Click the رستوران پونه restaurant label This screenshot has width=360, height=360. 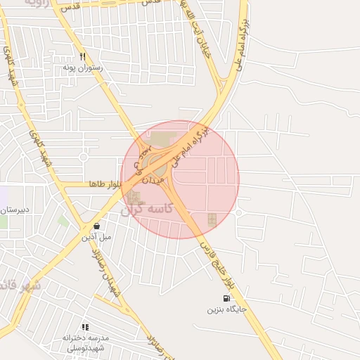[83, 67]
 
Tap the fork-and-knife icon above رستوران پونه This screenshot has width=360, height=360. [82, 56]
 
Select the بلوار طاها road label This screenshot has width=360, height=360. [106, 184]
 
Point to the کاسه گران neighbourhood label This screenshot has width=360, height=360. [146, 210]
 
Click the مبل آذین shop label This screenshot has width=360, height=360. [96, 237]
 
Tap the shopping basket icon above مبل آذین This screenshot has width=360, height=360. [96, 226]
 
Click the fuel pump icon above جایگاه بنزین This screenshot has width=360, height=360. [226, 297]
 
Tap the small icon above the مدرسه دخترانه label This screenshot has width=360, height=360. [85, 327]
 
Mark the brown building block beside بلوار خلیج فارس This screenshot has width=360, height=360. [212, 220]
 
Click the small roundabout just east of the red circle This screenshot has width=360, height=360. [239, 212]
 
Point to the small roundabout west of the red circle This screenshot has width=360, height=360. [83, 157]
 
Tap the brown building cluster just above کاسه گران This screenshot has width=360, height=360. [134, 198]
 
